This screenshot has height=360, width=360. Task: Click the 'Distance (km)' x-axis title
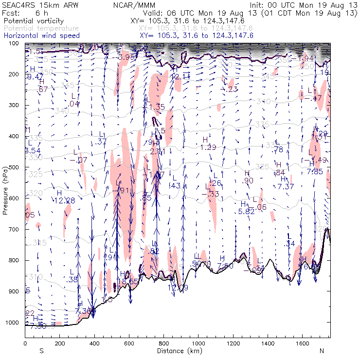pyautogui.click(x=178, y=350)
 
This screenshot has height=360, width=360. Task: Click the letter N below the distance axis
pyautogui.click(x=322, y=350)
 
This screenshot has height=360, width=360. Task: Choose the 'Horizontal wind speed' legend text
pyautogui.click(x=41, y=36)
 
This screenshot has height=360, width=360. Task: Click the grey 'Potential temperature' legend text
pyautogui.click(x=41, y=29)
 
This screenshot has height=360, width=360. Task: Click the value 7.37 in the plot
pyautogui.click(x=286, y=186)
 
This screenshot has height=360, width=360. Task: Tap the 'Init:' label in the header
pyautogui.click(x=257, y=4)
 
